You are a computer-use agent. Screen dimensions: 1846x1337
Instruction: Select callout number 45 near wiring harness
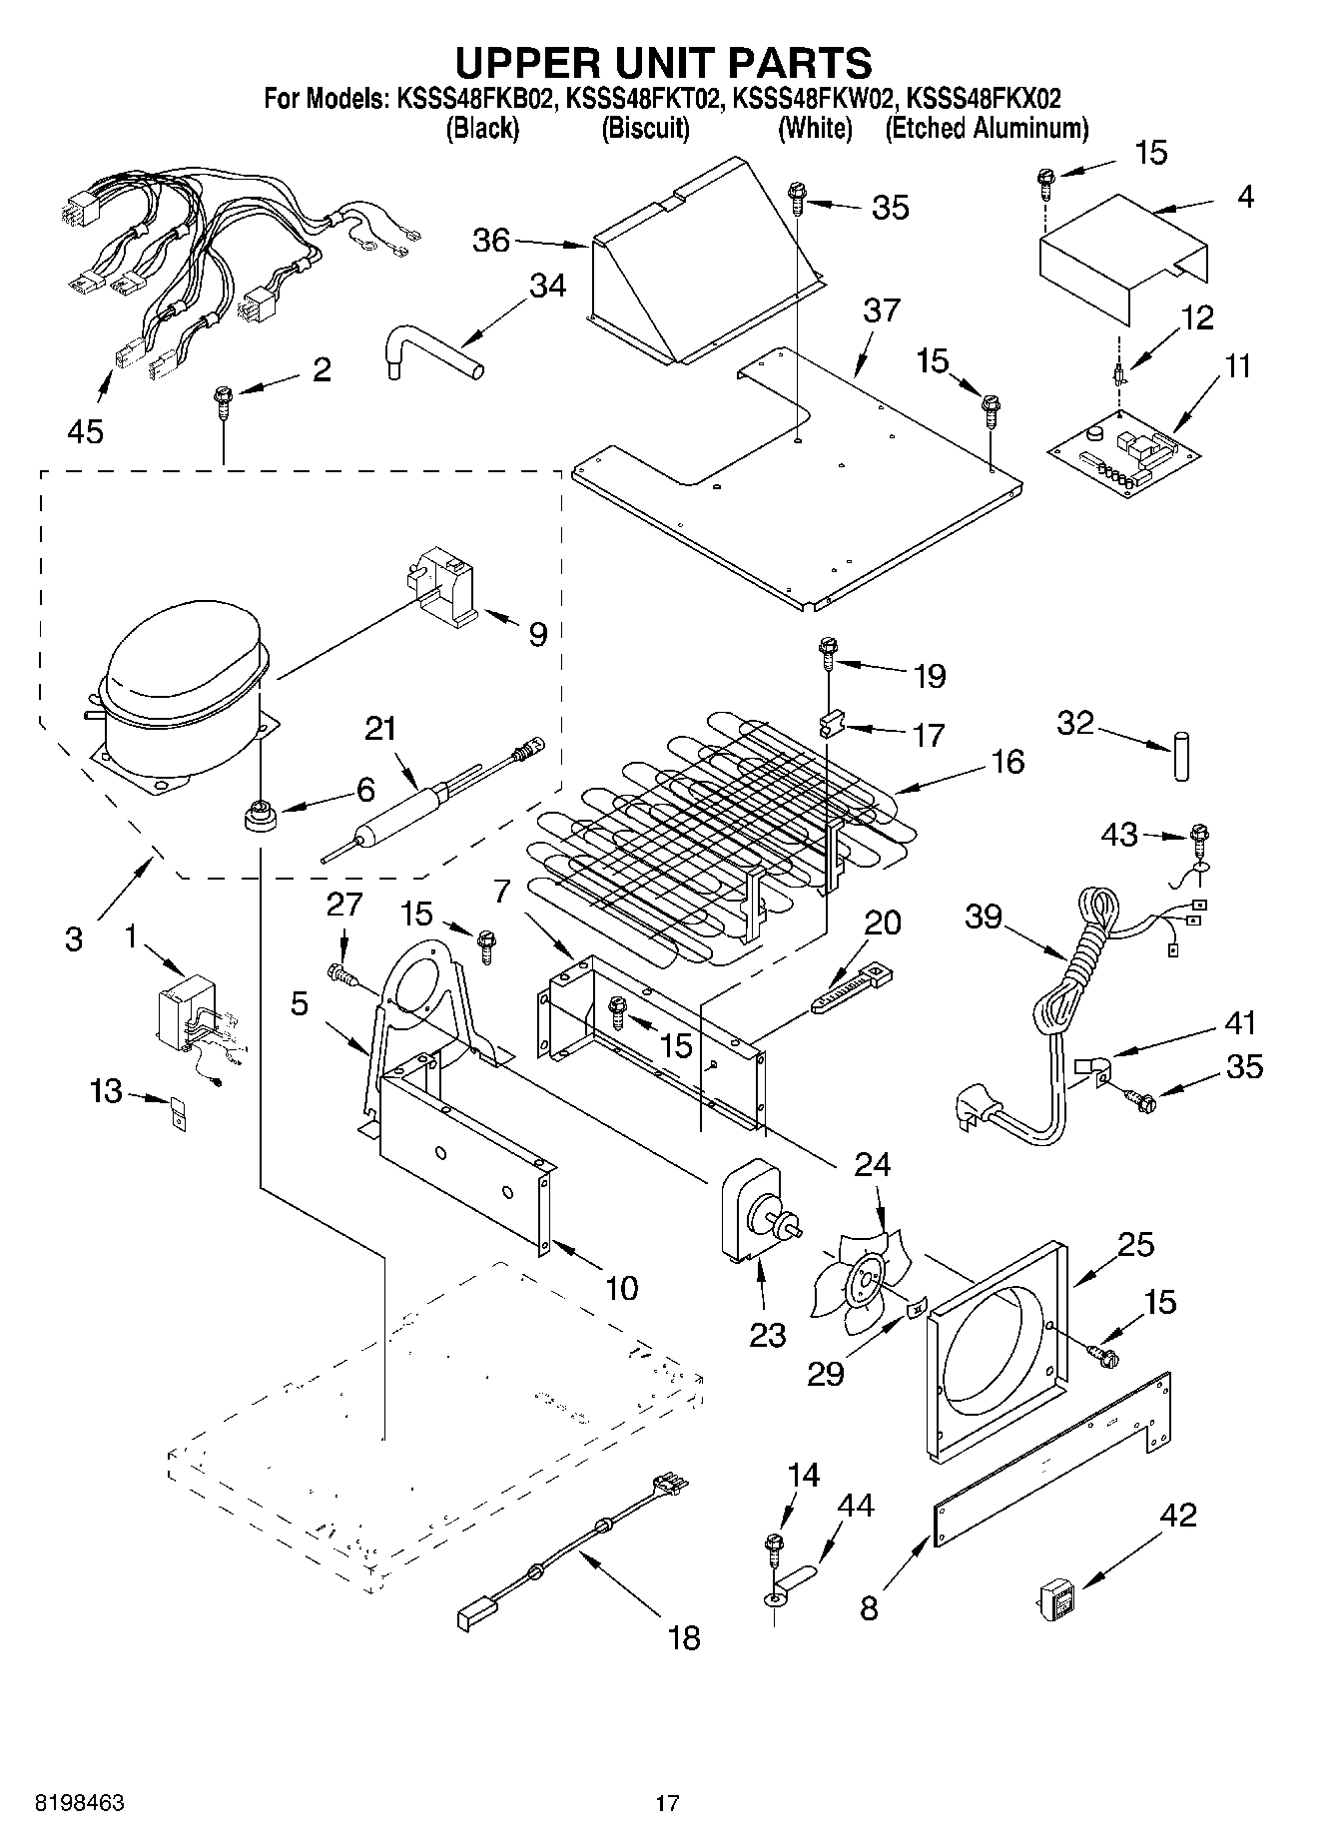click(x=86, y=431)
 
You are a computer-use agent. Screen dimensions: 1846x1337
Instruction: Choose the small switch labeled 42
click(x=1056, y=1599)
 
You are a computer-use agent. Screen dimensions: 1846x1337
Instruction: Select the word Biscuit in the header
click(x=645, y=128)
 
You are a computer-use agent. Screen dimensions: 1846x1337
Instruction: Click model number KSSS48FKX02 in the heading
click(x=983, y=98)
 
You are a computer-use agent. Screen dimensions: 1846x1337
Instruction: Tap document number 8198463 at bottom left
click(x=80, y=1803)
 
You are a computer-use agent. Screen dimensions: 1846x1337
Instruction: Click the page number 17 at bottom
click(x=667, y=1803)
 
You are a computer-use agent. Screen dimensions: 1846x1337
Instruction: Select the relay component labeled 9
click(x=447, y=589)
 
